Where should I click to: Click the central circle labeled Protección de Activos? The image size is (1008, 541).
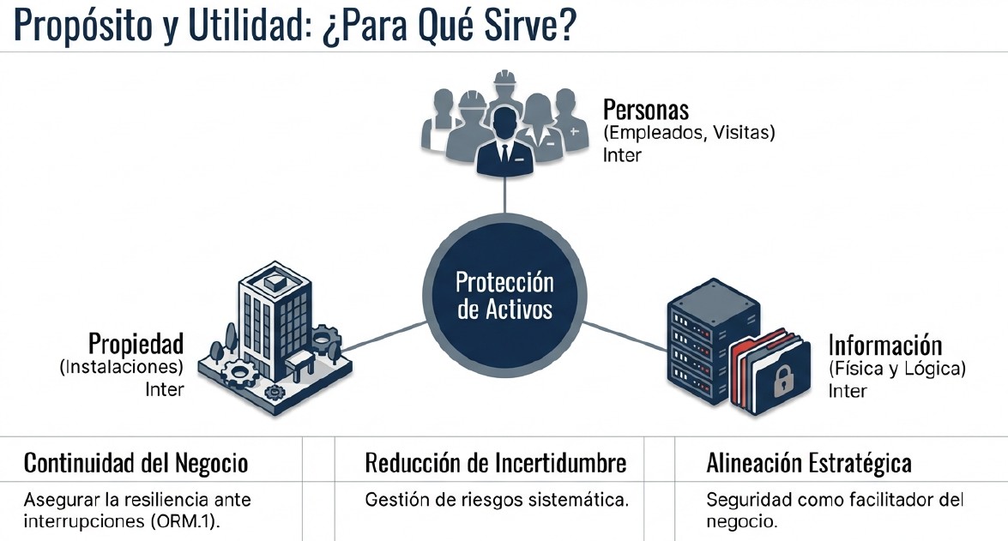[x=504, y=295]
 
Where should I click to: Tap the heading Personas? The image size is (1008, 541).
[x=646, y=110]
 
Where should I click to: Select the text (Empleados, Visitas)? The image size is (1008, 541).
[x=689, y=133]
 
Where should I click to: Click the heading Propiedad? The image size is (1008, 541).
[x=136, y=344]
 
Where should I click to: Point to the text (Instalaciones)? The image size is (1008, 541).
[x=122, y=367]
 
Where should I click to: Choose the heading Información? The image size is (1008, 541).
[x=884, y=346]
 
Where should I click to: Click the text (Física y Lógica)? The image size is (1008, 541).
[x=896, y=369]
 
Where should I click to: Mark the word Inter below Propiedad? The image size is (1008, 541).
[x=165, y=389]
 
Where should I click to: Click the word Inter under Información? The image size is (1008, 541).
[x=847, y=391]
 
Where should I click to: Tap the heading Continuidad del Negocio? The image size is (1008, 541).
[x=136, y=464]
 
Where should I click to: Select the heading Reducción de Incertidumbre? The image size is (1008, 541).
[x=495, y=464]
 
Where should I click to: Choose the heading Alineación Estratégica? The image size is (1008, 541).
[x=808, y=464]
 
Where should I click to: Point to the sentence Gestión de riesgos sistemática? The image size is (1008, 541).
[x=497, y=500]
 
